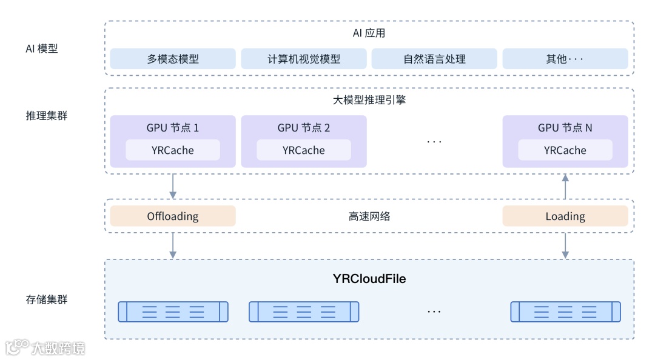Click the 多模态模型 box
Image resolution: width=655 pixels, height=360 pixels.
tap(172, 59)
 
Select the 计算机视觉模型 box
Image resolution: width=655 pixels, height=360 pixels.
tap(304, 59)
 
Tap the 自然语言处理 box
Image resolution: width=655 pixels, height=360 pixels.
tap(434, 59)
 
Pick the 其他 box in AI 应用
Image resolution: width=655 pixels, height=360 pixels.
tap(565, 59)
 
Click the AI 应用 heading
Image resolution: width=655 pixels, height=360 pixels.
tap(369, 33)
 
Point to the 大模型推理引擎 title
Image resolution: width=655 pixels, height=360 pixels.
tap(369, 100)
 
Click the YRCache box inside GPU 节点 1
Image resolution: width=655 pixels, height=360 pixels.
tap(172, 150)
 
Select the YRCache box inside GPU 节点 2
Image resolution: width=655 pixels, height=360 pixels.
tap(304, 150)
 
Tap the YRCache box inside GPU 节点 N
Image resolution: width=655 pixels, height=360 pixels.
tap(565, 150)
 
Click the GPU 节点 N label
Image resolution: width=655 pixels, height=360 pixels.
tap(565, 128)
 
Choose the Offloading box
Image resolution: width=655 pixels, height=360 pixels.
tap(172, 216)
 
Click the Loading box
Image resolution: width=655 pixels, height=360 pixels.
tap(565, 216)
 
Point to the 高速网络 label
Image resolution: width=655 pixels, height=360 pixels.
tap(369, 216)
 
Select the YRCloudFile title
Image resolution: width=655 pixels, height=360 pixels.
tap(369, 279)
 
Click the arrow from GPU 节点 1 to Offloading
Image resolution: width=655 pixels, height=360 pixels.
tap(172, 186)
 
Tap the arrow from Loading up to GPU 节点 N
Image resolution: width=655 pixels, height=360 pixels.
tap(565, 187)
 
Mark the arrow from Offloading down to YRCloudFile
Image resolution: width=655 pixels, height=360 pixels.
tap(172, 245)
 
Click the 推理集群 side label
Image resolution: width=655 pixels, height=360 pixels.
tap(46, 116)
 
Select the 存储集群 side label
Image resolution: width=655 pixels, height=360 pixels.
tap(46, 299)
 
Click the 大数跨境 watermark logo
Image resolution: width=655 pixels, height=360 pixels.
tap(45, 347)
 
